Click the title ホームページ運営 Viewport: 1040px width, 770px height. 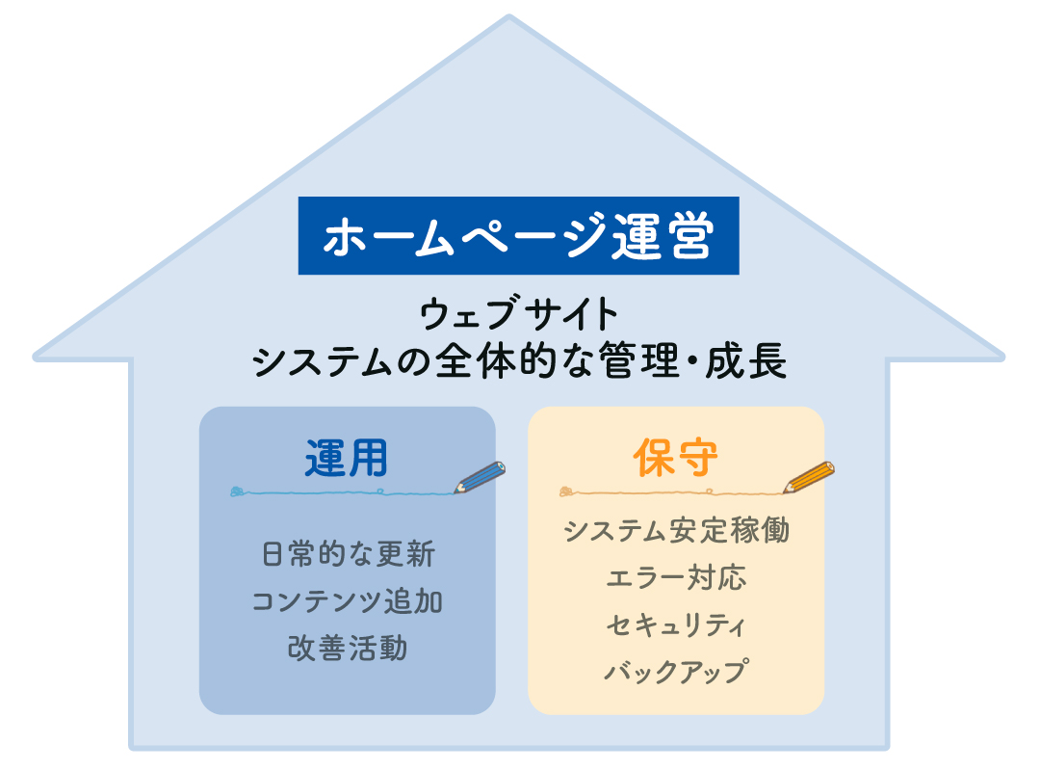(x=519, y=236)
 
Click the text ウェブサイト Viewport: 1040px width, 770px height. (x=519, y=313)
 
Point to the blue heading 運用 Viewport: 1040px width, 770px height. (x=347, y=458)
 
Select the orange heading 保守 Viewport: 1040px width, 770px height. (x=675, y=458)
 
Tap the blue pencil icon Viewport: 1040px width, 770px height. (x=480, y=477)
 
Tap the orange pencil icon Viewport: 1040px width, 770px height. (x=809, y=477)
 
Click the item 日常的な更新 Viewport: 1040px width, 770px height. (x=349, y=554)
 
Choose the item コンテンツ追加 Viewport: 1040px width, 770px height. (x=347, y=601)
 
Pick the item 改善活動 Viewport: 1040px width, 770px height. (x=348, y=648)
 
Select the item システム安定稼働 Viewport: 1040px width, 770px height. (x=677, y=530)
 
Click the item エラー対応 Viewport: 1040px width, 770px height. (x=677, y=577)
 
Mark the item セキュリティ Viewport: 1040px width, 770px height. (x=677, y=624)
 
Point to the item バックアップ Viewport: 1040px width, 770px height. (x=677, y=671)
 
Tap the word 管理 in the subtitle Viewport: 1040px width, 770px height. (x=638, y=361)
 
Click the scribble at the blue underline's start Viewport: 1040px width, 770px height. (x=238, y=491)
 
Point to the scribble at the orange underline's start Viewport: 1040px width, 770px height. (x=567, y=491)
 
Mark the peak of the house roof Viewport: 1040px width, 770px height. (x=509, y=16)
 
